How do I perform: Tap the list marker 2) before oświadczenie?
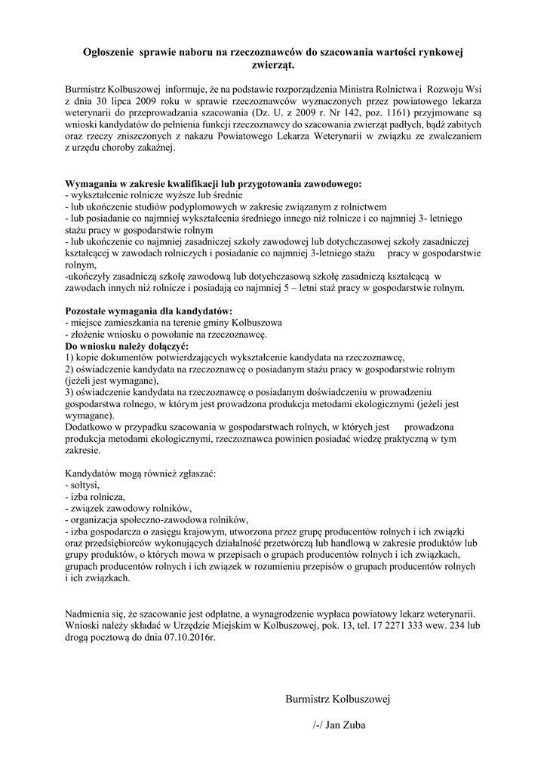pos(70,369)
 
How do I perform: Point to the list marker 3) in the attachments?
pos(70,392)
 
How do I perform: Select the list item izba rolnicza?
pos(97,497)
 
